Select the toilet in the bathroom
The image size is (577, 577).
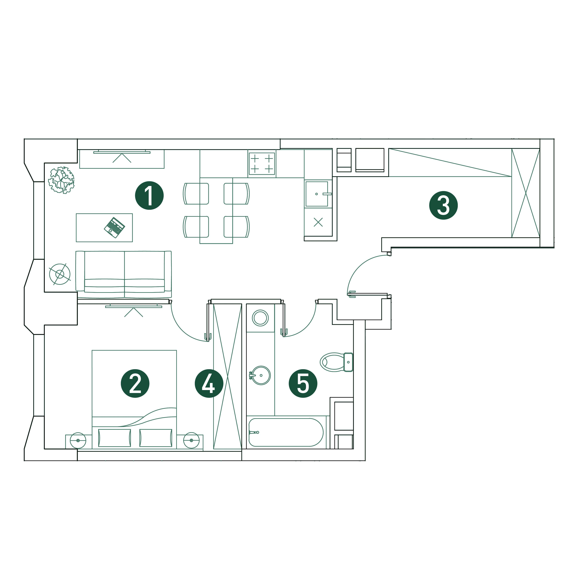337,362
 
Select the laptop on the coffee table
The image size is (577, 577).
114,228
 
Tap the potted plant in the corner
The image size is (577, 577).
62,180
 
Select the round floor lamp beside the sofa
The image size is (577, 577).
60,274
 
